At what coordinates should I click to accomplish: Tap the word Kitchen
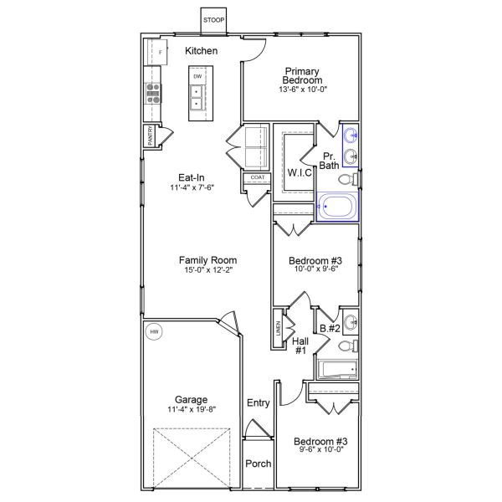202,51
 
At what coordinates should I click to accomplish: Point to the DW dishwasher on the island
198,77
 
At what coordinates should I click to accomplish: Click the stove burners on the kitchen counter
153,92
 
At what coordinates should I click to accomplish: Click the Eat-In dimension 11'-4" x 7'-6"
192,189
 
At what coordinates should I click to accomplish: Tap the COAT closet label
256,177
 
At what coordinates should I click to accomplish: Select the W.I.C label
300,172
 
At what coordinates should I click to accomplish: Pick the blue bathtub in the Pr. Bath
337,205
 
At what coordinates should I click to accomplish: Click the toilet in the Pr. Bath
354,178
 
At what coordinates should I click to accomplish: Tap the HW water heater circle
154,333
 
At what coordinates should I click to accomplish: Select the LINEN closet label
277,329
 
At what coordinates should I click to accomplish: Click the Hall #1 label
300,346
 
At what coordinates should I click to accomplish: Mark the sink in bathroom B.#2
352,320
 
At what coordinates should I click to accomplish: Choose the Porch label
257,464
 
